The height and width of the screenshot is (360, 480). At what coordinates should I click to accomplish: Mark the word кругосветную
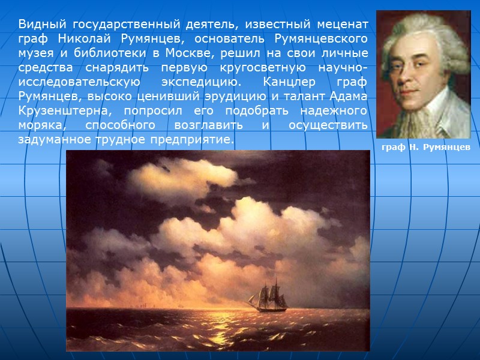click(244, 67)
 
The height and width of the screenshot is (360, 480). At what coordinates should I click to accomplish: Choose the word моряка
click(38, 125)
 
